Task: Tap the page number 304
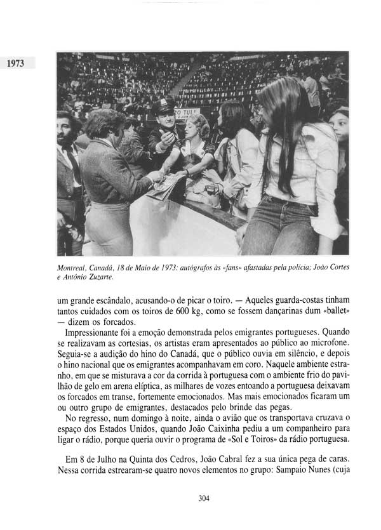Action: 203,498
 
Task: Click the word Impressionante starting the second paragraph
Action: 101,332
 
